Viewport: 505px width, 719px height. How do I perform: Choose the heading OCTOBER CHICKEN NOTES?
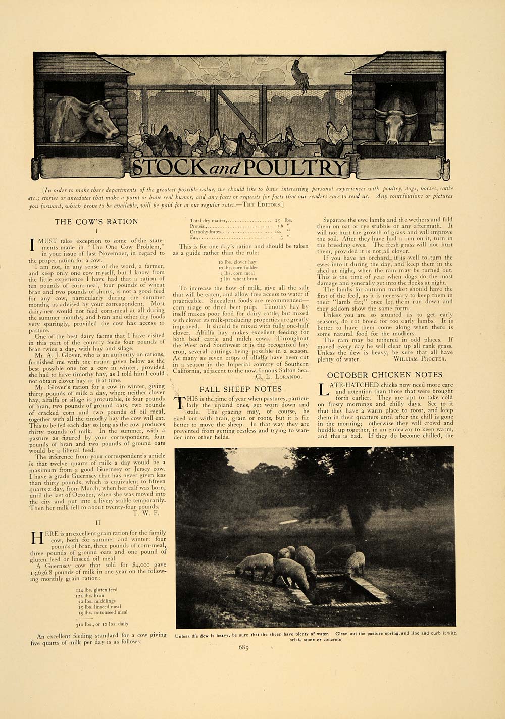(385, 375)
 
